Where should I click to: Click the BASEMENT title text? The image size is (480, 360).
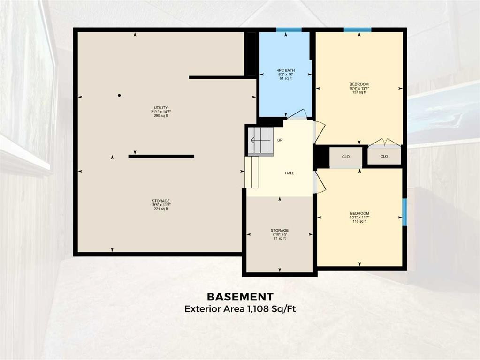pyautogui.click(x=240, y=297)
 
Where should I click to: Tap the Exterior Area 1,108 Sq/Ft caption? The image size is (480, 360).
pyautogui.click(x=240, y=309)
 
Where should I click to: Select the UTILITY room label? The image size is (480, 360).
pyautogui.click(x=161, y=107)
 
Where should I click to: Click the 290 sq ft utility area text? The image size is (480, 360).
pyautogui.click(x=161, y=116)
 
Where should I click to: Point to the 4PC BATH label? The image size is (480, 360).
pyautogui.click(x=286, y=70)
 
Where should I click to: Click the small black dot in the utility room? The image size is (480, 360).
pyautogui.click(x=119, y=95)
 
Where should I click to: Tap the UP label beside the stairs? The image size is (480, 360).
pyautogui.click(x=280, y=140)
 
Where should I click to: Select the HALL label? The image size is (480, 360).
pyautogui.click(x=290, y=173)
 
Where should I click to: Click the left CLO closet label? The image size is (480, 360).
pyautogui.click(x=346, y=157)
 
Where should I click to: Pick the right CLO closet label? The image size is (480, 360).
pyautogui.click(x=384, y=157)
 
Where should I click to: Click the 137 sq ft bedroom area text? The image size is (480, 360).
pyautogui.click(x=359, y=92)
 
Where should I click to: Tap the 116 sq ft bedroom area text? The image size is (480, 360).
pyautogui.click(x=359, y=221)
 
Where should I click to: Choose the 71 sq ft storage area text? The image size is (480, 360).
pyautogui.click(x=280, y=239)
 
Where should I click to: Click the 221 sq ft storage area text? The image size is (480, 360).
pyautogui.click(x=161, y=209)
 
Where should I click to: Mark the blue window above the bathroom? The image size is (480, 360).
pyautogui.click(x=289, y=30)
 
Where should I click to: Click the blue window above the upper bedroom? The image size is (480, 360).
pyautogui.click(x=358, y=30)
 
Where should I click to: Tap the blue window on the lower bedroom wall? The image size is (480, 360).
pyautogui.click(x=404, y=212)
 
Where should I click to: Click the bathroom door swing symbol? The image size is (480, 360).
pyautogui.click(x=297, y=114)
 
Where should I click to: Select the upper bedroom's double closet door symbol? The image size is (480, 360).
pyautogui.click(x=384, y=142)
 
